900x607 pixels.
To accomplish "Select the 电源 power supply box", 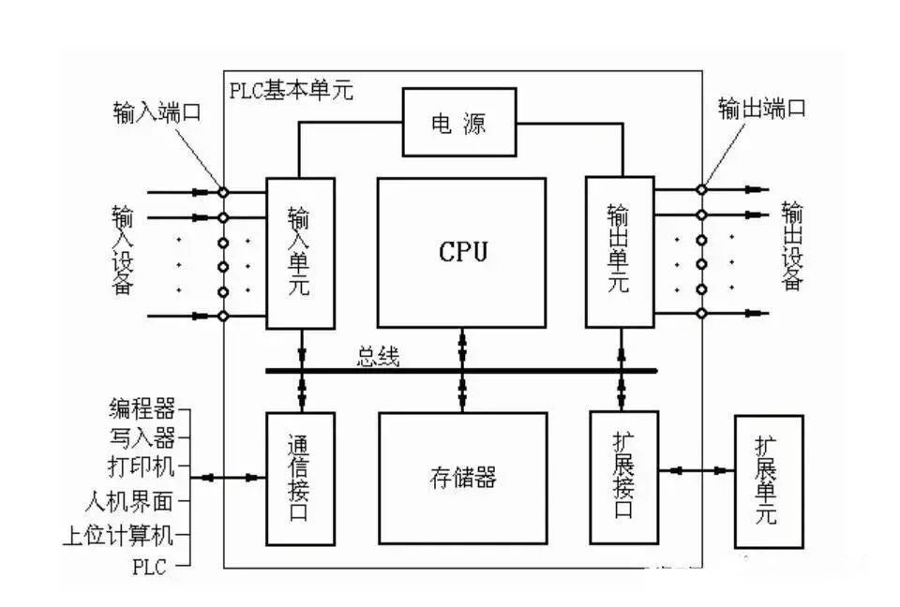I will [458, 123].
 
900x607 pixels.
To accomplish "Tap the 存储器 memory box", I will [462, 479].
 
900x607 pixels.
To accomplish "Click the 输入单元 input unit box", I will [300, 253].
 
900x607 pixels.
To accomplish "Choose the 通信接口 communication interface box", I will [300, 478].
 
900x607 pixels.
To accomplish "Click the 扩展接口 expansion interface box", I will [623, 476].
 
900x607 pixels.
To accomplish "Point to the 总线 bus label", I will [378, 357].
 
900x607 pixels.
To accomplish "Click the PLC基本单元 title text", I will [291, 91].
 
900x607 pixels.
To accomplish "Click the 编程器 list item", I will [142, 408].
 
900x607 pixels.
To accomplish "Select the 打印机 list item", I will [142, 466].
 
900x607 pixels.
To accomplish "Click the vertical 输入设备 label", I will [122, 250].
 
